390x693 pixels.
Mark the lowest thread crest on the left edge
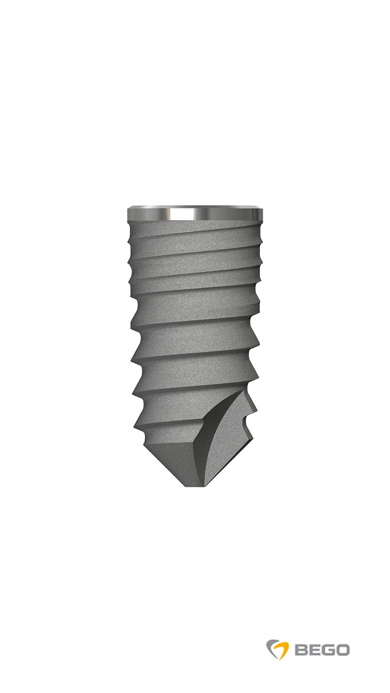coord(136,424)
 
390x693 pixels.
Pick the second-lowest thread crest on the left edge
coord(134,392)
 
